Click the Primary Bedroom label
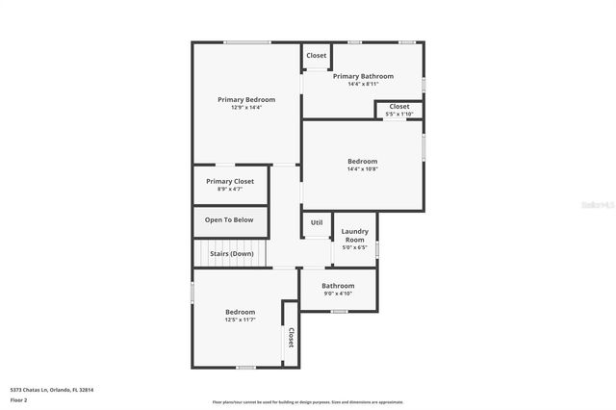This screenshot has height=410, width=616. [246, 99]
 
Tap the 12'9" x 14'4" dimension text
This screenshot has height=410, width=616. [246, 108]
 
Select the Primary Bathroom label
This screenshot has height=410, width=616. [363, 76]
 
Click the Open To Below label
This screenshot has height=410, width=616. [229, 219]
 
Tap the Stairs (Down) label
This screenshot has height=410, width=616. [231, 253]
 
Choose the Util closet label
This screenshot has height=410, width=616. [317, 222]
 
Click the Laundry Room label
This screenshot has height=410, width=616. [355, 235]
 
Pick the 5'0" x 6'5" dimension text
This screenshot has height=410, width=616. [355, 247]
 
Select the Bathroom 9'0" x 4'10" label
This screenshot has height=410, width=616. [338, 286]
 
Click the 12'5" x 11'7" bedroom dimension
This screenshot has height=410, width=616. [240, 320]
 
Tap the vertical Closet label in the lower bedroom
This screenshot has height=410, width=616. [290, 338]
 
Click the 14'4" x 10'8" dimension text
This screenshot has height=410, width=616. [363, 169]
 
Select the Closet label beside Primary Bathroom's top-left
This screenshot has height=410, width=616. [317, 55]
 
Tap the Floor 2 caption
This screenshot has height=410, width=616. [18, 401]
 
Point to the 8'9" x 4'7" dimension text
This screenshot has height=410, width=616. [230, 190]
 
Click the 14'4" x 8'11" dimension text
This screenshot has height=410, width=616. [363, 85]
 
